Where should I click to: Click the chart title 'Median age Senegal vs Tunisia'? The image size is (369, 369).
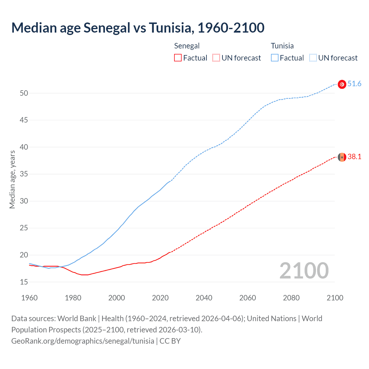[x=138, y=28]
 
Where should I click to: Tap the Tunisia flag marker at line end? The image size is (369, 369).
[x=342, y=84]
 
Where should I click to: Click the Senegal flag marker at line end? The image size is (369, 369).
[x=342, y=157]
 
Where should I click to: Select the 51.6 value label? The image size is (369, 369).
[x=354, y=84]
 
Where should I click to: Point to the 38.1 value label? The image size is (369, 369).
[x=354, y=157]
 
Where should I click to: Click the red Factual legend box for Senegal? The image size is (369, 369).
[x=178, y=58]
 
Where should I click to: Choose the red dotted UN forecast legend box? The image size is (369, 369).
[x=216, y=58]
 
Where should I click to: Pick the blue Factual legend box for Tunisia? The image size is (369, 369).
[x=274, y=58]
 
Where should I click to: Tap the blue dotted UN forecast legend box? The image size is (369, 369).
[x=313, y=58]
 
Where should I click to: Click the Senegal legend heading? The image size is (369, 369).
[x=187, y=46]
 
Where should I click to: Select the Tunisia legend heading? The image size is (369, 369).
[x=282, y=46]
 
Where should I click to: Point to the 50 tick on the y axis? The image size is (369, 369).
[x=24, y=93]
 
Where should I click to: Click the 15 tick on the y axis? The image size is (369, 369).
[x=24, y=282]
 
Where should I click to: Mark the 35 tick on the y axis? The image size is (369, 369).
[x=24, y=174]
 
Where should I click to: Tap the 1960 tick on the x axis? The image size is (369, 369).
[x=29, y=298]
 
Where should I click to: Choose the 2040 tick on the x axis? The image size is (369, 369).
[x=204, y=298]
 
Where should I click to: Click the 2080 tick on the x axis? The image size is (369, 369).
[x=291, y=298]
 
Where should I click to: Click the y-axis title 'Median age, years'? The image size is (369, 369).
[x=12, y=179]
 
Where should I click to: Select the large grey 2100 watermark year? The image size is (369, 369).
[x=304, y=270]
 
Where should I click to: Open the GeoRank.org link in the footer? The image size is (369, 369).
[x=83, y=341]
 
